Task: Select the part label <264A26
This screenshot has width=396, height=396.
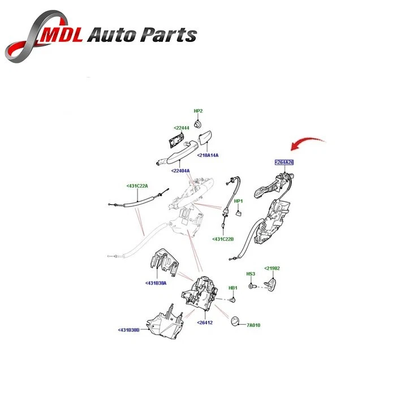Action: [x=285, y=162]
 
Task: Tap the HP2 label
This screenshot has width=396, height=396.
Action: [x=198, y=111]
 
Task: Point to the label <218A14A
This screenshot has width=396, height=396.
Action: [x=208, y=155]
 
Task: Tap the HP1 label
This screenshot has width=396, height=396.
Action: [x=238, y=201]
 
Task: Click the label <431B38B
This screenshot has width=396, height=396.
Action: [x=130, y=330]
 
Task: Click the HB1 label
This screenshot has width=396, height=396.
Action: [x=233, y=288]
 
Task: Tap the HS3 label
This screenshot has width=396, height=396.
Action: [x=251, y=274]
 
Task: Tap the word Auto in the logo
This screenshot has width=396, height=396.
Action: [x=113, y=36]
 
